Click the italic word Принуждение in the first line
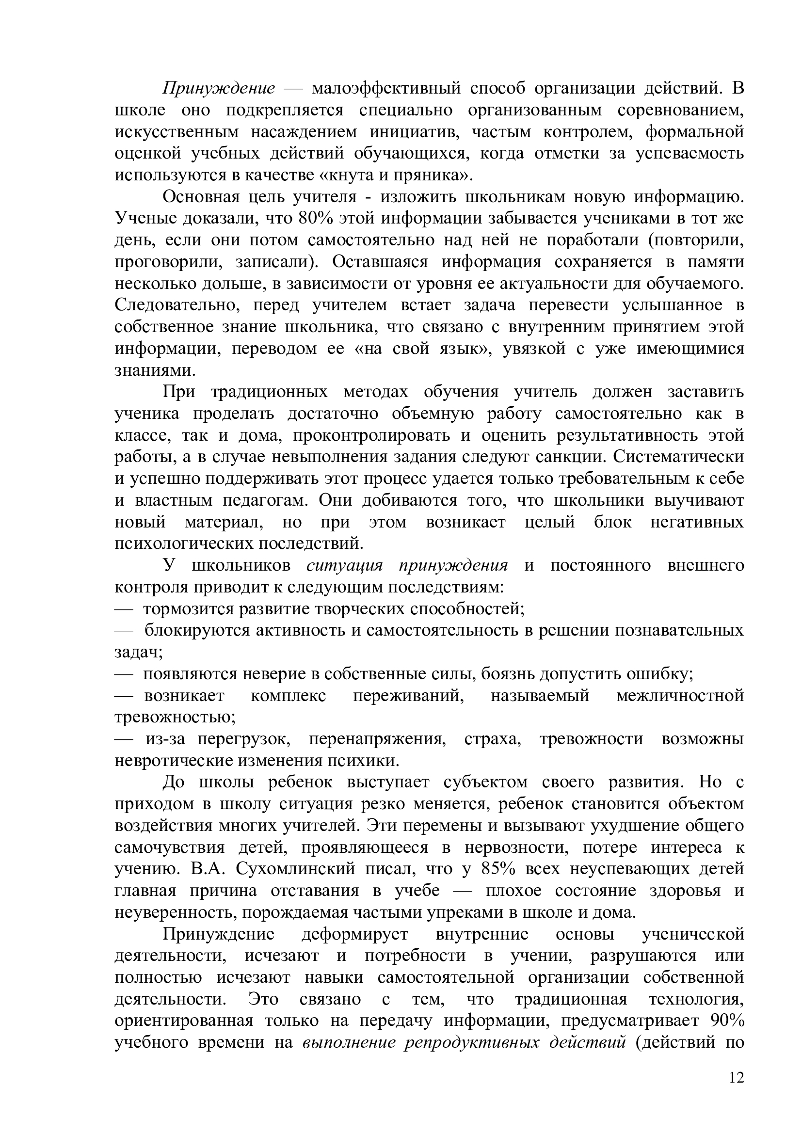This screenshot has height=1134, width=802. (x=219, y=88)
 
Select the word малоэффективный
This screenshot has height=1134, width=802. (x=386, y=88)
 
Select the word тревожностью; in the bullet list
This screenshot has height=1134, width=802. (x=175, y=718)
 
